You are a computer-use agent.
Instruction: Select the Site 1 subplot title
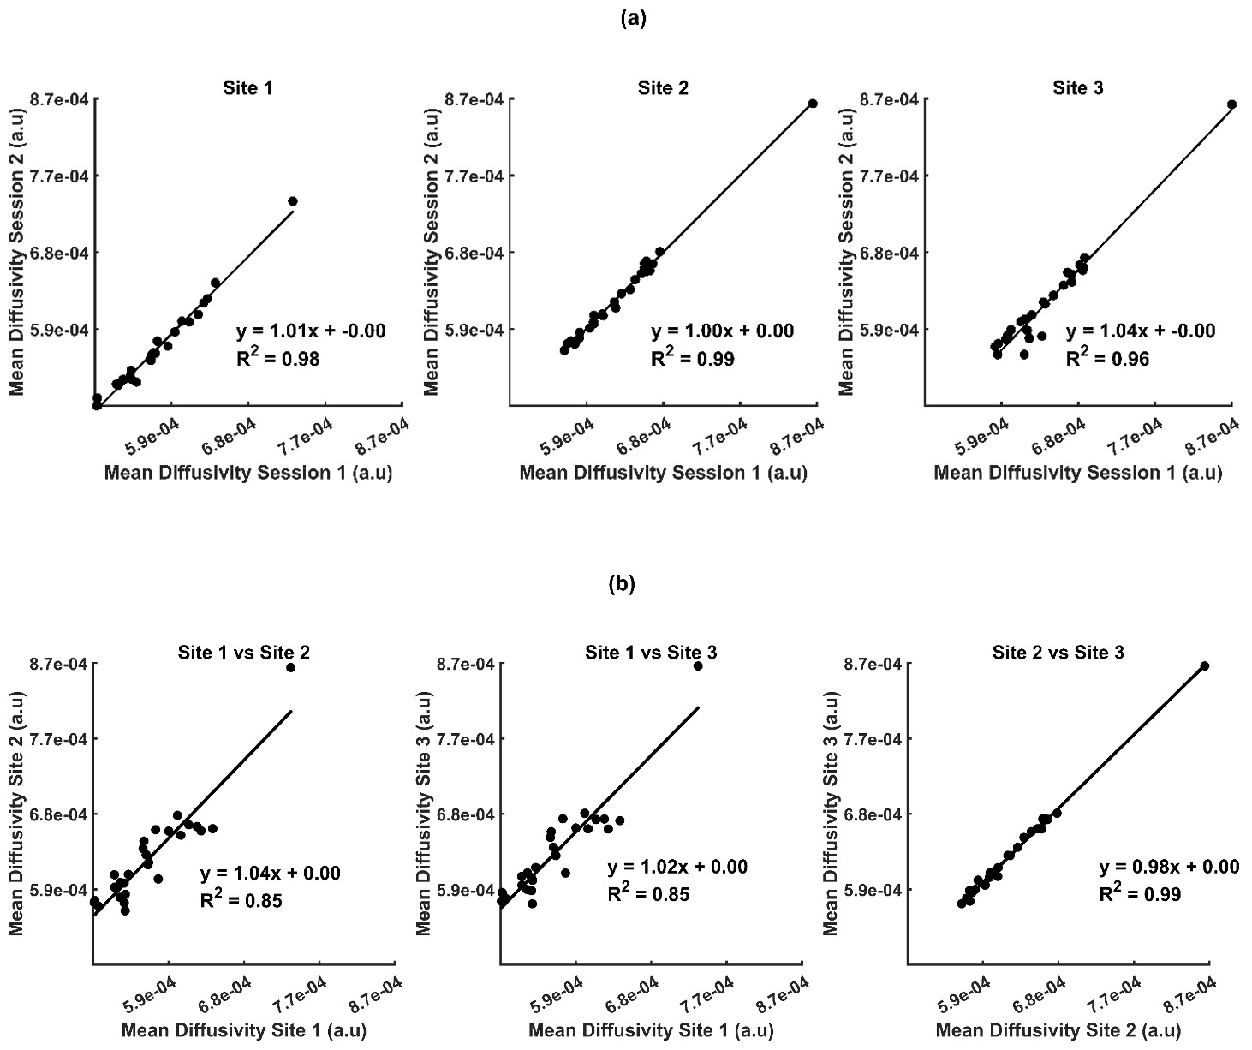247,87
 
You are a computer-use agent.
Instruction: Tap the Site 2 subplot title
663,87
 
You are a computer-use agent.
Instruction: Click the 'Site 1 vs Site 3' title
651,653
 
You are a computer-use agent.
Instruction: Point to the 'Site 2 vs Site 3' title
1058,653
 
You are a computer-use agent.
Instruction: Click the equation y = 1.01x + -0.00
311,331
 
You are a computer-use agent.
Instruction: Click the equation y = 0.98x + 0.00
1169,868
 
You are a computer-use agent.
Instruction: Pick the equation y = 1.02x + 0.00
677,868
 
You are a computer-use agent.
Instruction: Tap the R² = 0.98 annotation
277,359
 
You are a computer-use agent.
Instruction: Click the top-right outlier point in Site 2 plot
813,104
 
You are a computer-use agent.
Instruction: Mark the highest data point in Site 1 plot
293,201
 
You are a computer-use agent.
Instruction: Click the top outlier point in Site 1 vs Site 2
290,667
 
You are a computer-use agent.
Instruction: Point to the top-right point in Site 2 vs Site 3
1204,665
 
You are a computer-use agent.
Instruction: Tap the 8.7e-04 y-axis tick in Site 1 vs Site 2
60,665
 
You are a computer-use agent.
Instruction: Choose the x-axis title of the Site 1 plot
247,473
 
